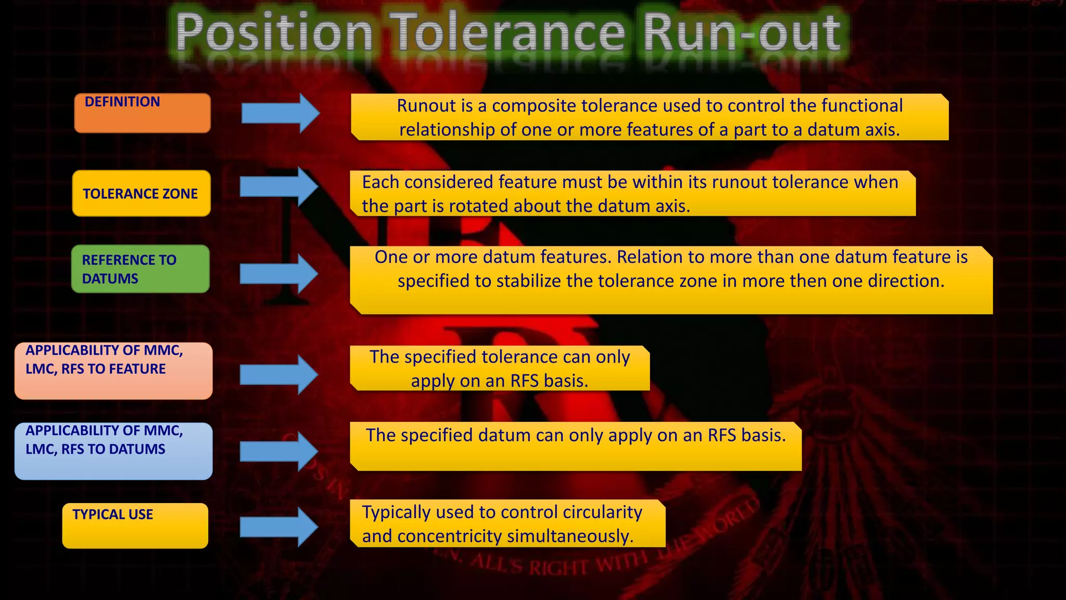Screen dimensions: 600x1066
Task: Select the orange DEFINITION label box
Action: click(x=142, y=113)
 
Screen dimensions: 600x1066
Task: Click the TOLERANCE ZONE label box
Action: click(x=141, y=193)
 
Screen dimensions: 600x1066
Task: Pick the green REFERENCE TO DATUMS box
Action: click(x=140, y=269)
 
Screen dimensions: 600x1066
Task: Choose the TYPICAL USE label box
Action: click(x=135, y=526)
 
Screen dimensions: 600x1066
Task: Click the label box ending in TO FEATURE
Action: click(x=113, y=371)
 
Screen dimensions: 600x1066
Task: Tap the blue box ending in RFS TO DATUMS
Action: click(x=113, y=451)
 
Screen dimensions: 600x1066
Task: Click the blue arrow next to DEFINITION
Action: click(x=280, y=113)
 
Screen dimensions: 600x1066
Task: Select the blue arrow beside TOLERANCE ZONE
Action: click(x=278, y=186)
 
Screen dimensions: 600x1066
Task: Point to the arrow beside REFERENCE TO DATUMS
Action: click(x=278, y=273)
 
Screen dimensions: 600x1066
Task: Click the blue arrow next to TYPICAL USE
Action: click(x=278, y=527)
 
